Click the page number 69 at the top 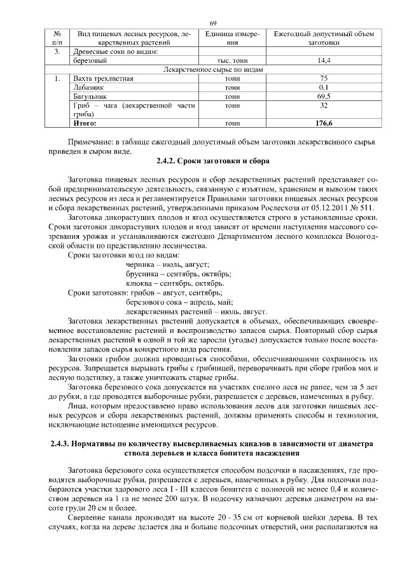point(213,24)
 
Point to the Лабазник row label point(89,88)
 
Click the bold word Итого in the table point(85,123)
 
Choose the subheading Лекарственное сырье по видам point(213,69)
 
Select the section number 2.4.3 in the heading point(59,443)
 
